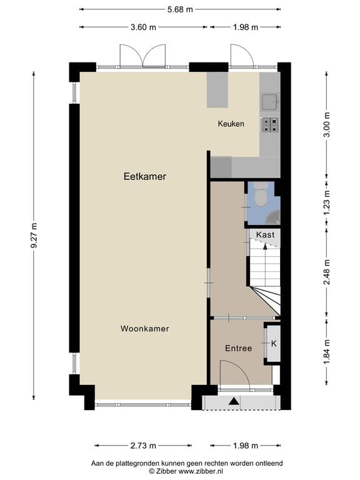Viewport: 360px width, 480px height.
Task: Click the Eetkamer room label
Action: coord(145,176)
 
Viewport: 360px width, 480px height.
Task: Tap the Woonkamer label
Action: coord(145,329)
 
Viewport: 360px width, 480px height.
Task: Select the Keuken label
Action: coord(231,124)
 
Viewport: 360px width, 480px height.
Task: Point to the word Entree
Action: coord(239,348)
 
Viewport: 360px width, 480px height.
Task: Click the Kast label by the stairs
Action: coord(265,235)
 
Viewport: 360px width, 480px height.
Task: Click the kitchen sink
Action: coord(269,102)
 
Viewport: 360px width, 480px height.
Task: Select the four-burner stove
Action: coord(270,125)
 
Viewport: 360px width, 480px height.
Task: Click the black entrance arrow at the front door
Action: coord(234,401)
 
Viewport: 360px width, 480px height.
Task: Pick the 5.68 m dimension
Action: coord(180,9)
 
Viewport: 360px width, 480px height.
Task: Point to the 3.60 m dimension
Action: coord(143,27)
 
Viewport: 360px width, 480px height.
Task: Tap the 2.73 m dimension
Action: coord(143,446)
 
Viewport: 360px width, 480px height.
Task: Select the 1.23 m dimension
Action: coord(327,203)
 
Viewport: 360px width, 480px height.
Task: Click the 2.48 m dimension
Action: coord(327,272)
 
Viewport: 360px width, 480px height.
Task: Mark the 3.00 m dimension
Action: coord(327,125)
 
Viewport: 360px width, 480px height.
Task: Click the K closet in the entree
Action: coord(272,344)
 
